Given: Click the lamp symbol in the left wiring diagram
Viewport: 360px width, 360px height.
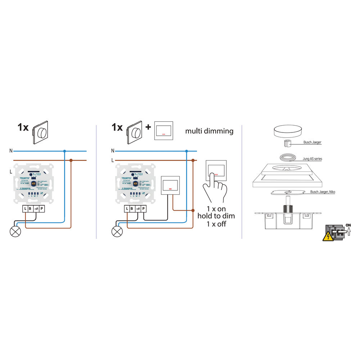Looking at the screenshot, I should tap(15, 231).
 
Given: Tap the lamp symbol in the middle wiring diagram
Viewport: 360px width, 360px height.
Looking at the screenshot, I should tap(116, 231).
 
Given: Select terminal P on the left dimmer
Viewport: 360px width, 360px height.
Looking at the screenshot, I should tap(42, 209).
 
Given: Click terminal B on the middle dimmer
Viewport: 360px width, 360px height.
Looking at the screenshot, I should tap(132, 209).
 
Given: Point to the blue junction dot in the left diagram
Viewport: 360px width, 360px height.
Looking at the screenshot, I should tap(64, 151).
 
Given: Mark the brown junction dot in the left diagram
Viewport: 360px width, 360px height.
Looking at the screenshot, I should tap(71, 160).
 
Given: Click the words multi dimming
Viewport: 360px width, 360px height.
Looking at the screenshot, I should tap(209, 131).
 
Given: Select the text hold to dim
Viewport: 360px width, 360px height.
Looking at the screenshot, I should tap(216, 216).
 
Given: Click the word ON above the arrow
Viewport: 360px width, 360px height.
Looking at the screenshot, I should tap(348, 225).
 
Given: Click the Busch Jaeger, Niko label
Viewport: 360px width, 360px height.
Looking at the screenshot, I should tap(323, 192).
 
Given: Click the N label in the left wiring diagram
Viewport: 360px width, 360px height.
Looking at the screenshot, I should tap(12, 151).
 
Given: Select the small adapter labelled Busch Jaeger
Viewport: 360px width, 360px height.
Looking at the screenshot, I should tap(288, 143).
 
